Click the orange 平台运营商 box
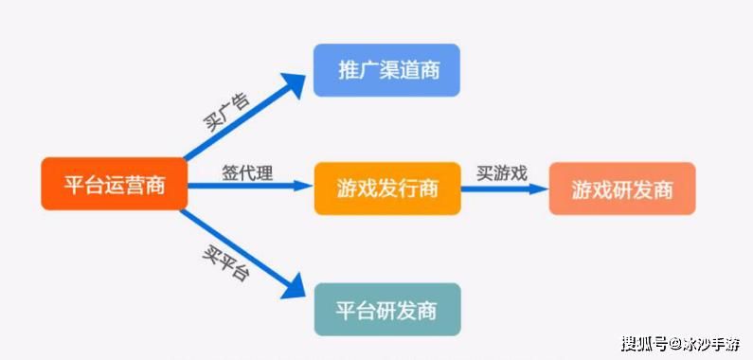click(114, 185)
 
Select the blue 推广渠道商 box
click(386, 70)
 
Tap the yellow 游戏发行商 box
click(386, 188)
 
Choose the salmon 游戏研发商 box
click(621, 188)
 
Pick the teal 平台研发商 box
click(386, 309)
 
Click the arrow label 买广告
click(226, 113)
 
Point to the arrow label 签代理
click(248, 172)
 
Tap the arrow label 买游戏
click(501, 172)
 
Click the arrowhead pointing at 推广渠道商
click(296, 83)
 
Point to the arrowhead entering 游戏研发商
click(539, 188)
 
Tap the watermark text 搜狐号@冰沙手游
click(680, 343)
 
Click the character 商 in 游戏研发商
click(663, 189)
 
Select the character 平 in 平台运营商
click(74, 185)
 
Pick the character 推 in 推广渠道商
click(347, 70)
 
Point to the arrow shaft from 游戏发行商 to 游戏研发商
click(502, 188)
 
